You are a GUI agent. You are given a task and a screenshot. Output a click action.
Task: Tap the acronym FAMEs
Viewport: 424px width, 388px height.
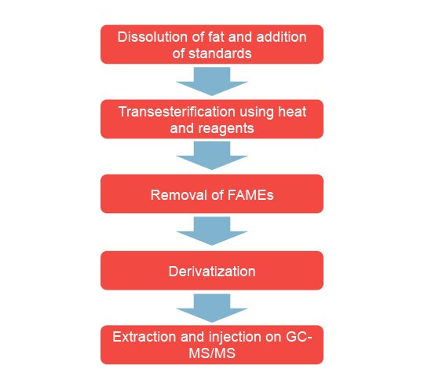[248, 194]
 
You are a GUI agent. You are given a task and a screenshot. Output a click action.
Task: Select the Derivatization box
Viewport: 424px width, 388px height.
[212, 271]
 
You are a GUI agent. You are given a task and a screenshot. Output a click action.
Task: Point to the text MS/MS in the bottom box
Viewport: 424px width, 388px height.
[212, 353]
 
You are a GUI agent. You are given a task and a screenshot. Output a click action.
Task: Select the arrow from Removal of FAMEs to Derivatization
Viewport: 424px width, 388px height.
[212, 232]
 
